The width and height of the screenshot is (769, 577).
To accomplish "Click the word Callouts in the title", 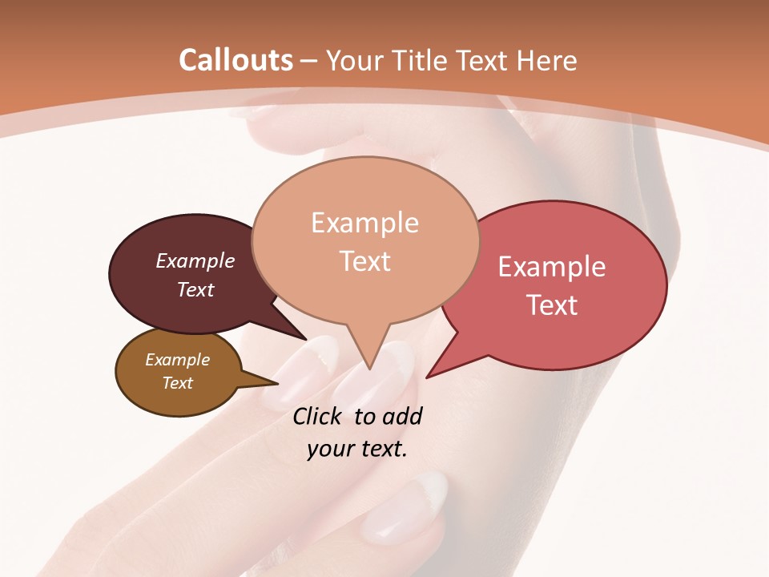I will point(236,60).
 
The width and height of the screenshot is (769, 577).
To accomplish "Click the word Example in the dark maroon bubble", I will point(195,260).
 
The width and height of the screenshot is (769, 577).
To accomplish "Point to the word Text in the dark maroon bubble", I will point(195,289).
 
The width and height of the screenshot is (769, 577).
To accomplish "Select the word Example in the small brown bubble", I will point(177,360).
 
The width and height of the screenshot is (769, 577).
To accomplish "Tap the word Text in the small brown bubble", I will point(177,383).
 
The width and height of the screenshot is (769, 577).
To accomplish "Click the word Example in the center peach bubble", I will point(364,223).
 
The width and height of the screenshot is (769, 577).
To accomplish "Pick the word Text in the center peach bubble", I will point(364,261).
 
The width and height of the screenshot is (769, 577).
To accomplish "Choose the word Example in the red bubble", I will point(552,267).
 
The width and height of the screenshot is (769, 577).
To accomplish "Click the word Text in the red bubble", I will point(552,305).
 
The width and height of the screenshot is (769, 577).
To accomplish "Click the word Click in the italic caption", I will point(317,416).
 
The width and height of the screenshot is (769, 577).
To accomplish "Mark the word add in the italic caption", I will point(402,416).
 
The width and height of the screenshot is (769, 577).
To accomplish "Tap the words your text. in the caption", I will point(356,449).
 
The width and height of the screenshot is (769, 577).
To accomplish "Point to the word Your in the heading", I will point(356,60).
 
